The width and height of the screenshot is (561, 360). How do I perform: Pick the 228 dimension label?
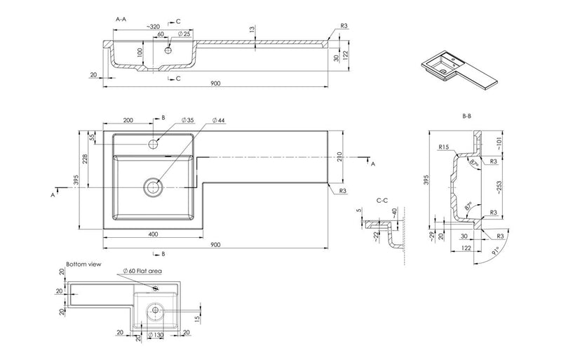[86, 161]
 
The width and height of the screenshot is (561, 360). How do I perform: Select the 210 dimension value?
[340, 155]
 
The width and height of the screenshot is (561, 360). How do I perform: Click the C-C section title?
[383, 200]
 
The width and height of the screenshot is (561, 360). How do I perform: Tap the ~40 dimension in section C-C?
[394, 211]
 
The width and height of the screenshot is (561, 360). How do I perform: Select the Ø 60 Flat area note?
[144, 271]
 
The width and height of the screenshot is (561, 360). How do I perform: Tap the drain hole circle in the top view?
[153, 187]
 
